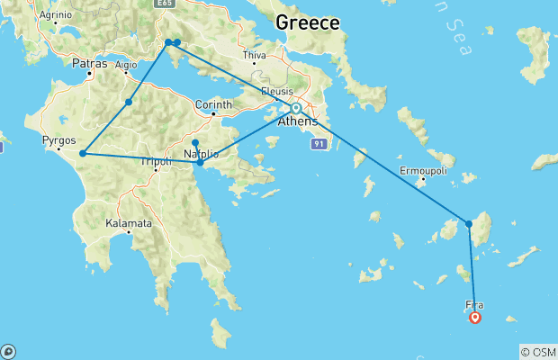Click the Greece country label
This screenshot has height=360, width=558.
pos(308,22)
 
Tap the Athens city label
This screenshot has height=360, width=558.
pos(297,121)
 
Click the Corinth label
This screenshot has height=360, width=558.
pos(213,103)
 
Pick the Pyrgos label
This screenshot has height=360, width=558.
pos(58,140)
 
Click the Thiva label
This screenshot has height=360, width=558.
pos(255,55)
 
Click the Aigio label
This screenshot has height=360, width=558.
pos(126,65)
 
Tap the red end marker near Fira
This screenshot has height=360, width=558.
pos(475,317)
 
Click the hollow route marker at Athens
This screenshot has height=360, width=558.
pos(295,108)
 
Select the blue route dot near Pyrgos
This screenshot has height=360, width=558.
pos(83,153)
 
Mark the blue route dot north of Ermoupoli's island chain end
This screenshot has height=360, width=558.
pos(469,223)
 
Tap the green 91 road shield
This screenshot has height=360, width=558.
pos(318,144)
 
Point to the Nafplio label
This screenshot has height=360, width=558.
pos(201,154)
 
